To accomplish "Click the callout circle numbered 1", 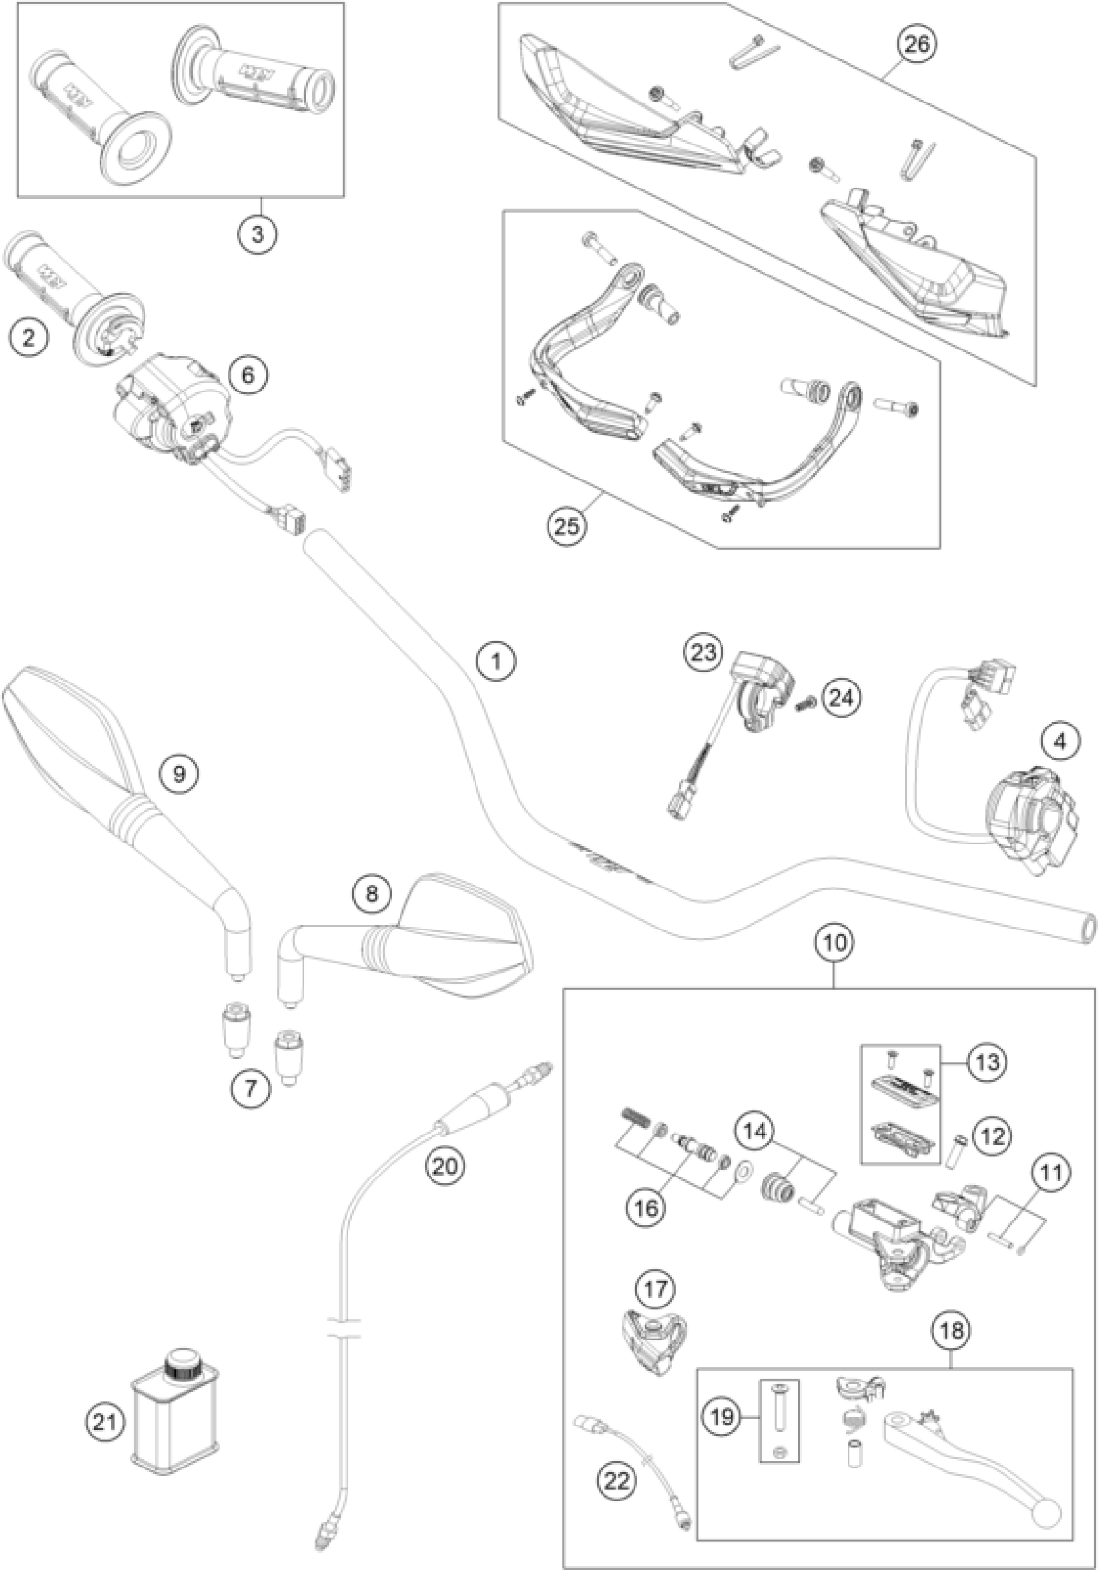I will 497,661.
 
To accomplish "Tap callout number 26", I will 917,45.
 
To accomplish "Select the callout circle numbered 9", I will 178,773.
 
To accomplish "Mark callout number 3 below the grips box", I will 257,235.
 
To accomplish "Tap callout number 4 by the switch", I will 1060,741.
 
